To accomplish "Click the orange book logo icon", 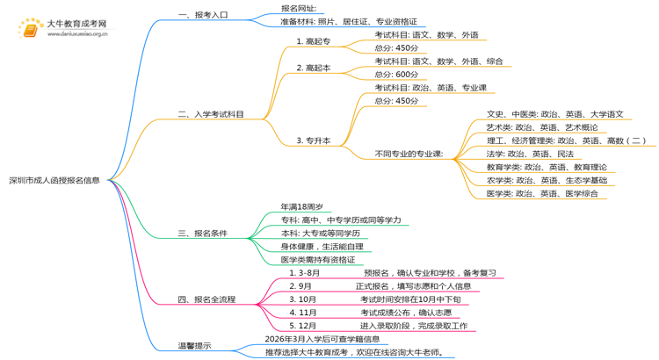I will click(x=30, y=29).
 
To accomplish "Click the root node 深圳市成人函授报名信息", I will click(x=54, y=180).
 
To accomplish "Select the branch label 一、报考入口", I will click(x=203, y=15).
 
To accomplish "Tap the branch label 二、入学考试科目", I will click(x=211, y=114).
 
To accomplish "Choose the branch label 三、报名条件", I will click(x=203, y=233).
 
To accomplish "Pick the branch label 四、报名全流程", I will click(x=206, y=299).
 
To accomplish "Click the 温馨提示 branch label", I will click(x=194, y=345).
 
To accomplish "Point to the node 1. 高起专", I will click(x=314, y=41).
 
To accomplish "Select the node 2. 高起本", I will click(x=314, y=68).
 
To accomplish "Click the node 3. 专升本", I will click(x=314, y=140).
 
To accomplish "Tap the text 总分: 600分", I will click(x=396, y=75).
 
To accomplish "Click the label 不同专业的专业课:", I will click(x=409, y=154).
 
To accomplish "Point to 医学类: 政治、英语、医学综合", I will click(x=542, y=193).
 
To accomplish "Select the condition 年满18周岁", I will click(x=301, y=206).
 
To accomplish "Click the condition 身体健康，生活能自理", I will click(x=322, y=247).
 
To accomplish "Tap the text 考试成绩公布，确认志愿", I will click(x=405, y=313).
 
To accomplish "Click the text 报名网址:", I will click(x=299, y=8).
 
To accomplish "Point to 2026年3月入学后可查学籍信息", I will click(x=322, y=339).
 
